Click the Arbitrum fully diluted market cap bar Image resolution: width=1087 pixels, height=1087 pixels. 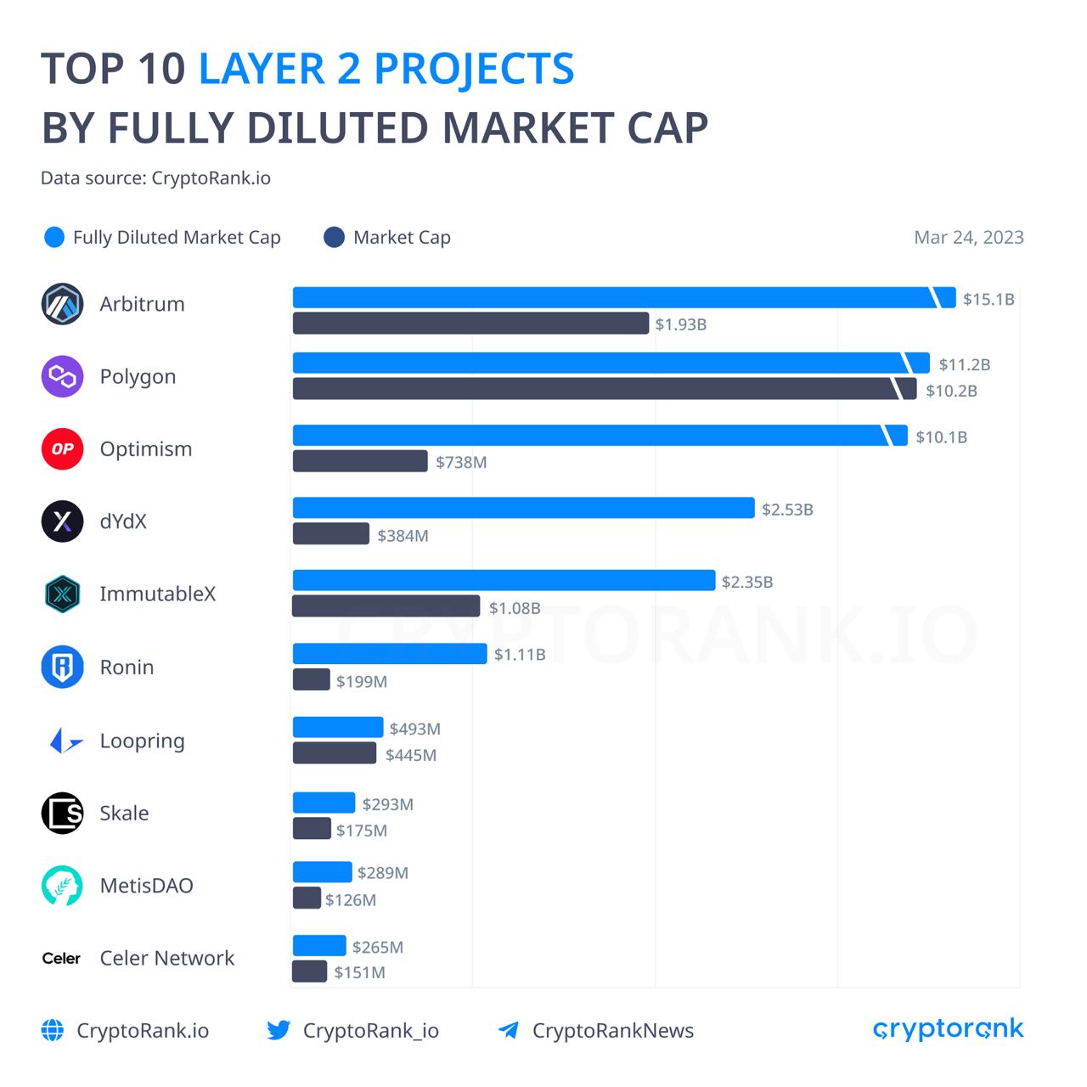611,298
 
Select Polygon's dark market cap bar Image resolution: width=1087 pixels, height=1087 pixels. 594,389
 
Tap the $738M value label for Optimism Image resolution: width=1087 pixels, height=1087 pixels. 461,462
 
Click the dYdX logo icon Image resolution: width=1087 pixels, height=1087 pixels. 62,521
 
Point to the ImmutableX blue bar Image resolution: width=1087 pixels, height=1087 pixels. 504,581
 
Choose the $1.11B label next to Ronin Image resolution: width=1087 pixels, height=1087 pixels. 520,654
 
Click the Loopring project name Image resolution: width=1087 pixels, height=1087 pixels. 142,741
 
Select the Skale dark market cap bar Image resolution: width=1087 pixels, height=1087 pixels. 312,829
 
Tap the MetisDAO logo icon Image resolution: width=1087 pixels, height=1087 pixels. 62,886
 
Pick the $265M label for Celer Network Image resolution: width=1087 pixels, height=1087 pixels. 378,947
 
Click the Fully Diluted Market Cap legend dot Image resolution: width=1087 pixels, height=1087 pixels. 54,238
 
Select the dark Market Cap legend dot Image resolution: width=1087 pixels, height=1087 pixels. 334,238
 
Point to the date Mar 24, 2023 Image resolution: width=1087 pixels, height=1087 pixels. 968,238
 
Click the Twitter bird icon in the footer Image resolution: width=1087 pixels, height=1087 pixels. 279,1030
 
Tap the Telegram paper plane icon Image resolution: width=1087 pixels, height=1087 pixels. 509,1030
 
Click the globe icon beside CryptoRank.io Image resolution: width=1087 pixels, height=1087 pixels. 53,1030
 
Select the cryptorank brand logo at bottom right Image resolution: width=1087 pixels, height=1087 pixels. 948,1029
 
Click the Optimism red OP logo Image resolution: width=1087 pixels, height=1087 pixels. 62,448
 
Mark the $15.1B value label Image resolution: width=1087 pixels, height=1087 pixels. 988,299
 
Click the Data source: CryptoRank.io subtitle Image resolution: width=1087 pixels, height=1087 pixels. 155,178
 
